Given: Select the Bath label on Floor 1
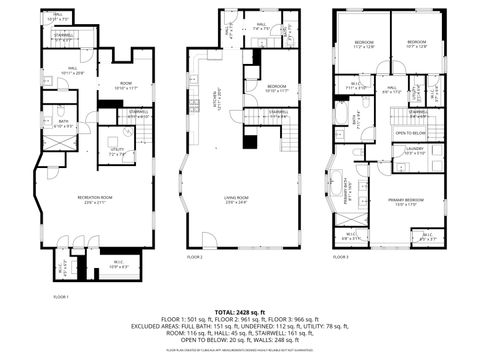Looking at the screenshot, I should click(62, 124).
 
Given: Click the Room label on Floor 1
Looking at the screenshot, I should click(127, 84).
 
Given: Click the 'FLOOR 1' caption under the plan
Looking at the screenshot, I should click(61, 297).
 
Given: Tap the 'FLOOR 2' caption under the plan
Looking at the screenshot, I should click(195, 257).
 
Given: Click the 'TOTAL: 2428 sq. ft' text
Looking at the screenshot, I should click(240, 313).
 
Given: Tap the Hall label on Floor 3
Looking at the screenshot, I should click(392, 91).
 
